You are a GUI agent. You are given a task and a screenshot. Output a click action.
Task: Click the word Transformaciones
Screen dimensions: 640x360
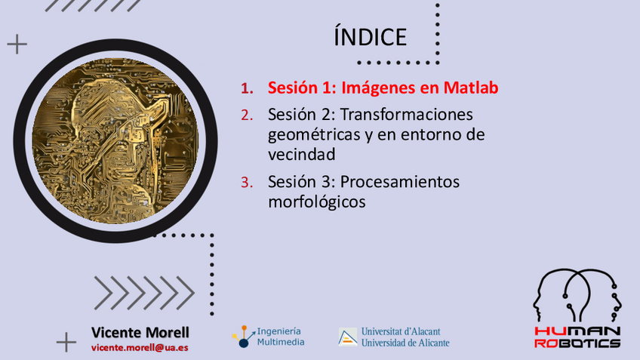(x=407, y=114)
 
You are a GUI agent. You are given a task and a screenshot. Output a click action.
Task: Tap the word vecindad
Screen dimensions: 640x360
(x=302, y=154)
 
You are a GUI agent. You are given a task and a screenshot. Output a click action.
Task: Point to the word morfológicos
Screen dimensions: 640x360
(x=317, y=202)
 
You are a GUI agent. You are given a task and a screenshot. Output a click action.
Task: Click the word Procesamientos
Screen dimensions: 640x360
(x=400, y=182)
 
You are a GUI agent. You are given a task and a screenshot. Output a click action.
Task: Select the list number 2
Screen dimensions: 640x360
(x=247, y=115)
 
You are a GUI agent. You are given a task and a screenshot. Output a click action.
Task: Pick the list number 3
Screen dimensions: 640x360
(x=247, y=183)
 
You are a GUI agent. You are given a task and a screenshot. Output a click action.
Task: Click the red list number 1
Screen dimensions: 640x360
(x=247, y=88)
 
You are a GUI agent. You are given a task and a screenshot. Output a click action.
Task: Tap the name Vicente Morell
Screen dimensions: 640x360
(x=140, y=332)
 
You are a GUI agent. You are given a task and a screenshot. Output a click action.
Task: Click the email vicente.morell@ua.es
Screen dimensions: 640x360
(x=140, y=348)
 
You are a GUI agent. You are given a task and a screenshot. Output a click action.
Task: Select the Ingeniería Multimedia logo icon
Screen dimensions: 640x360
(x=244, y=337)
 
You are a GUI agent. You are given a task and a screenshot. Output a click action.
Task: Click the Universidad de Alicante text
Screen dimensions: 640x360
(x=405, y=343)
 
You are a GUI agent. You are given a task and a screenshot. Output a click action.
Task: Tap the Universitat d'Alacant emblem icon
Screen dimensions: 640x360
(x=347, y=337)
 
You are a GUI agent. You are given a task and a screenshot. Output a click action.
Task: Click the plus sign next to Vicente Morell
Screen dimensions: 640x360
(x=66, y=342)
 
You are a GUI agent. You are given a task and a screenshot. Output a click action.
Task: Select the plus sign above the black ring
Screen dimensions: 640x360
(x=17, y=44)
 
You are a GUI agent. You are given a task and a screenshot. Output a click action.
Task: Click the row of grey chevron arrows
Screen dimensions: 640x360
(x=144, y=293)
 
